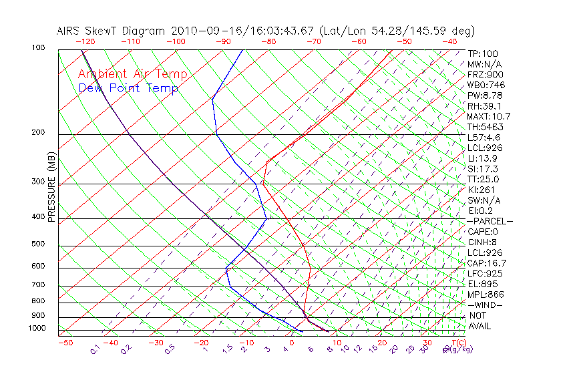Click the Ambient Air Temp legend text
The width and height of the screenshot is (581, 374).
pos(132,74)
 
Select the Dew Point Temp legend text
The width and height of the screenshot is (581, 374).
pos(128,88)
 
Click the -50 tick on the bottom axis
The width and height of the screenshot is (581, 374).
pos(65,343)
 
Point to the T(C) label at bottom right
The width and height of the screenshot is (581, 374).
pos(458,343)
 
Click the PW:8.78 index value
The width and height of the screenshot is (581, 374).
pos(483,96)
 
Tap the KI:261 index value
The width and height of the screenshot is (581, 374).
pos(481,190)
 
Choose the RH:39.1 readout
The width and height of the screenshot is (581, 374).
pos(483,106)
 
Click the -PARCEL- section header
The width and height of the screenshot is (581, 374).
pos(490,221)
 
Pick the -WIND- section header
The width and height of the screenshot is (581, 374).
pos(486,305)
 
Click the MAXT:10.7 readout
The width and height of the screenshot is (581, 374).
pos(488,116)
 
